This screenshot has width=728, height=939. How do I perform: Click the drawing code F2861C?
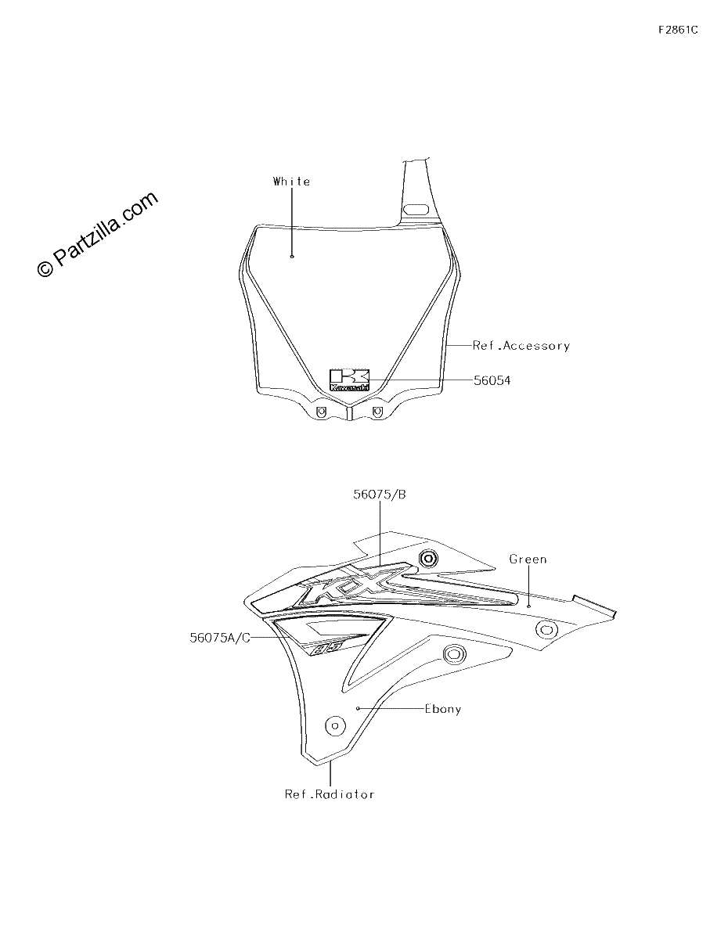coord(678,30)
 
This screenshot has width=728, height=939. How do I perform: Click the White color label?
coord(291,182)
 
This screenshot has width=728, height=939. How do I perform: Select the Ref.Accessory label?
coord(521,346)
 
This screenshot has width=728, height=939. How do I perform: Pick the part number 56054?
coord(492,380)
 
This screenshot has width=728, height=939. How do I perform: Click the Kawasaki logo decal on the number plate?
coord(350,380)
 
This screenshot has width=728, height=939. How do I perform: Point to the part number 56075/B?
coord(380,495)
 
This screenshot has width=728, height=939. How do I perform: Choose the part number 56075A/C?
coord(220,638)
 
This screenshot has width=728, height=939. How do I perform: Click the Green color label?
coord(528,559)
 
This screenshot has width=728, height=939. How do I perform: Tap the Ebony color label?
coord(443,709)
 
